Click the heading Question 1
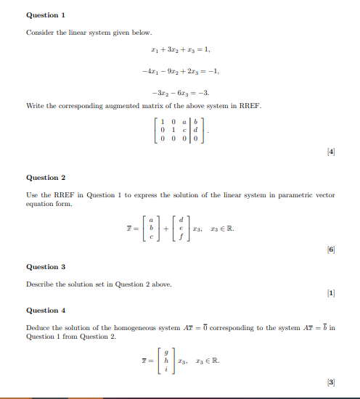46,15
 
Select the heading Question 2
46,177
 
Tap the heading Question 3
46,266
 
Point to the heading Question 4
46,310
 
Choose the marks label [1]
330,292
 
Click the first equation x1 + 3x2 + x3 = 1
179,50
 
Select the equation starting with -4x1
180,71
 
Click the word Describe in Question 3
40,284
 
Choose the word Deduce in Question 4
38,328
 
